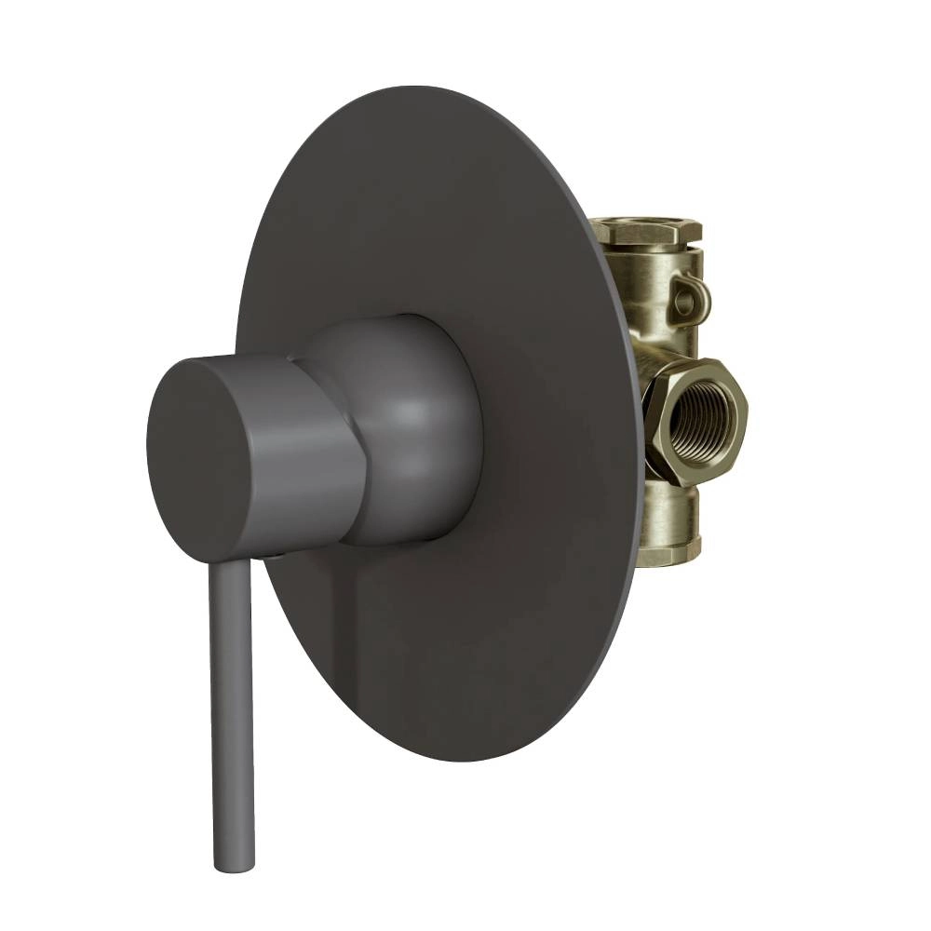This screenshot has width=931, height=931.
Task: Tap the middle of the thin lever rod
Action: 230,708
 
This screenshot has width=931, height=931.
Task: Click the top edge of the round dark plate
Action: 438,88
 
